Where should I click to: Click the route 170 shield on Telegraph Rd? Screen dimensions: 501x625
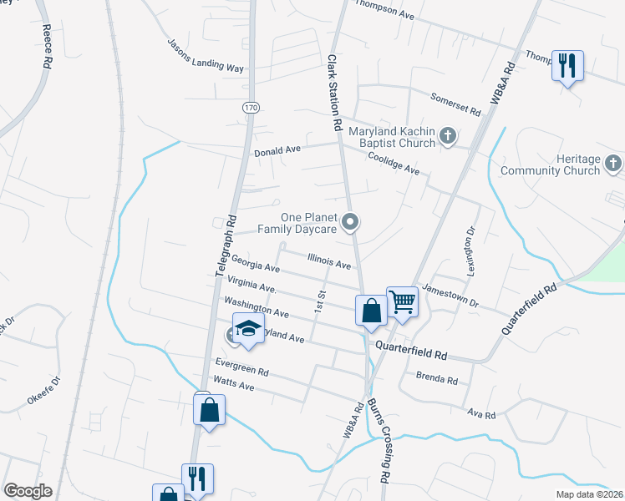(250, 109)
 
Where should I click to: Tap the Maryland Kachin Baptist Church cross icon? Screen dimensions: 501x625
(448, 135)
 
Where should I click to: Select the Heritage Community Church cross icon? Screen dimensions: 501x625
(612, 163)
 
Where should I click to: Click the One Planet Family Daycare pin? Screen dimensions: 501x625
(352, 222)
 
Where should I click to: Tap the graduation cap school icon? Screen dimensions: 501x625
(248, 327)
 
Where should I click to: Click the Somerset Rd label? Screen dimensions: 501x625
(455, 104)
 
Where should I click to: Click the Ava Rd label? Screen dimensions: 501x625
(482, 415)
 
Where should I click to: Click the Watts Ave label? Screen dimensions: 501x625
(234, 385)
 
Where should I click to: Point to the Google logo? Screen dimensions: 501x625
(28, 491)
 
